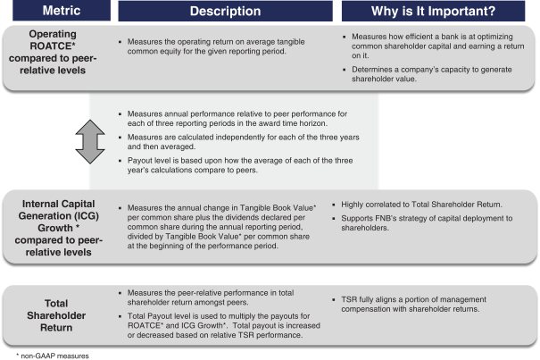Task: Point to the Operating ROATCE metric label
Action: [x=51, y=55]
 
